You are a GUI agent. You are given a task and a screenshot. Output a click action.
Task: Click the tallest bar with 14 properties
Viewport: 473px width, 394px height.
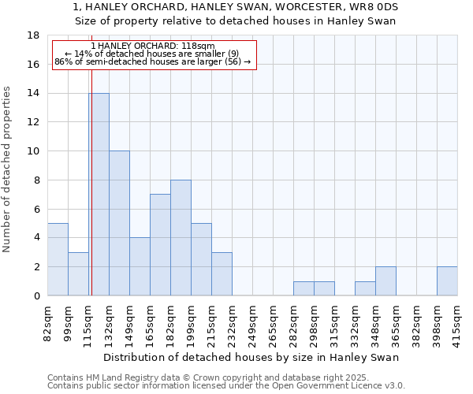pos(99,195)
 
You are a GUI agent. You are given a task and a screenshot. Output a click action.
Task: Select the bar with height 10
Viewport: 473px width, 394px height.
pos(119,223)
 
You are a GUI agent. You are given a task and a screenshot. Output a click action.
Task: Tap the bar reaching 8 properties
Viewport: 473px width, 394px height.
pos(181,237)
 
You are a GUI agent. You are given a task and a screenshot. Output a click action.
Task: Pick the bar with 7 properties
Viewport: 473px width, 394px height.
pos(160,245)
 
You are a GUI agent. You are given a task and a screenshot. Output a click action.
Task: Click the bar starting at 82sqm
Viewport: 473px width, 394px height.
pos(58,259)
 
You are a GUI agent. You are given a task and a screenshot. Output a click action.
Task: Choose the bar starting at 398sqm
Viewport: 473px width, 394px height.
pos(447,281)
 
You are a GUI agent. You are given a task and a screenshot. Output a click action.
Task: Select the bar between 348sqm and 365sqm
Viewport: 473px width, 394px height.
pos(385,281)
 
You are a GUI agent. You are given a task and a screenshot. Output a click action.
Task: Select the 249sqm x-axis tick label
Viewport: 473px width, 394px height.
pos(252,323)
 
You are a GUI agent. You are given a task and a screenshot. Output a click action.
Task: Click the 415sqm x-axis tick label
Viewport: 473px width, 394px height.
pos(457,323)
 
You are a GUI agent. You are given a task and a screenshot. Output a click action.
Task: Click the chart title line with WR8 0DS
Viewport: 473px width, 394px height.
pos(236,7)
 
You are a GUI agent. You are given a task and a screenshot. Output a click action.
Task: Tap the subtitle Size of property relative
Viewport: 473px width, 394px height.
pos(236,21)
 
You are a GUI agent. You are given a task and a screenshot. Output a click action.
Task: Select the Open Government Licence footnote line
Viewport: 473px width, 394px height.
pos(226,386)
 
